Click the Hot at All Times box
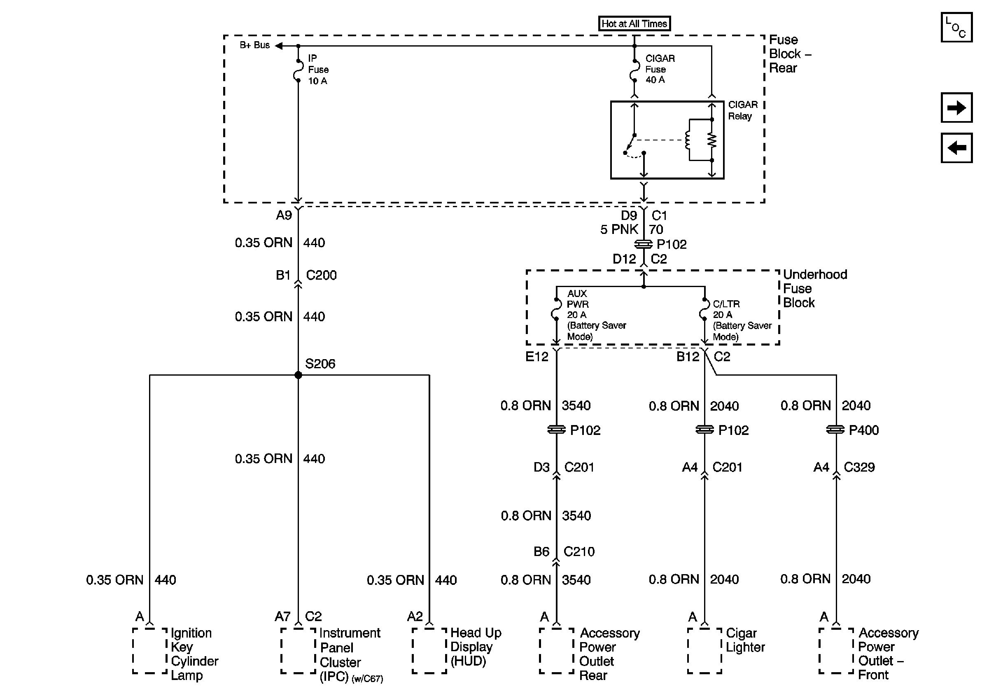point(634,24)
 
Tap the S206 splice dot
point(298,375)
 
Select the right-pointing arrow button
point(956,107)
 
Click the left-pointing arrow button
point(956,148)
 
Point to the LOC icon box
point(956,27)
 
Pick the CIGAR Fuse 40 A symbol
point(634,70)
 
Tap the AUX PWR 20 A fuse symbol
point(556,309)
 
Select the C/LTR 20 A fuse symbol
point(704,309)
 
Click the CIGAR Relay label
point(743,110)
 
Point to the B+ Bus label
point(254,45)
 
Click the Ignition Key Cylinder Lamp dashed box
point(149,650)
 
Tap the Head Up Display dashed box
point(429,650)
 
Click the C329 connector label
point(859,467)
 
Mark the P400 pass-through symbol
point(836,430)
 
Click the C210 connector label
point(579,551)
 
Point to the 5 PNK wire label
point(619,229)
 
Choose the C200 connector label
point(321,275)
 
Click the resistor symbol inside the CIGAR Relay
point(711,140)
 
